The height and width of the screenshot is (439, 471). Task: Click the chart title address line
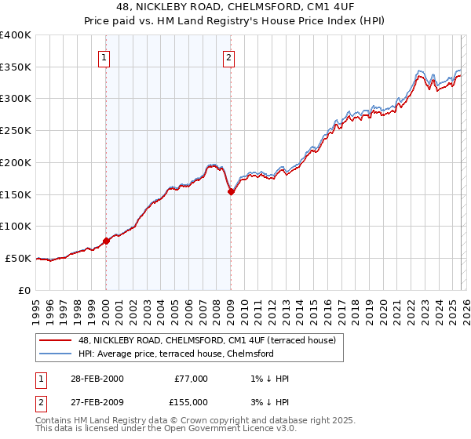tap(235, 8)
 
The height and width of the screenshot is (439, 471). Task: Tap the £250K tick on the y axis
tap(15, 130)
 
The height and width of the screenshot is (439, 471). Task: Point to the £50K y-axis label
tap(17, 258)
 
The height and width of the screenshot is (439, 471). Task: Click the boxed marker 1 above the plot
tap(104, 56)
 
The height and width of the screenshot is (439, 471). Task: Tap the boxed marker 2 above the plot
tap(228, 56)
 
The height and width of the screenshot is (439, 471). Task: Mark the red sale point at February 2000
tap(106, 241)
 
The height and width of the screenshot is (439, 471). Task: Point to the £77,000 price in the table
tap(192, 378)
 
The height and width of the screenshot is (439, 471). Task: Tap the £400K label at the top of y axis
tap(15, 35)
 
